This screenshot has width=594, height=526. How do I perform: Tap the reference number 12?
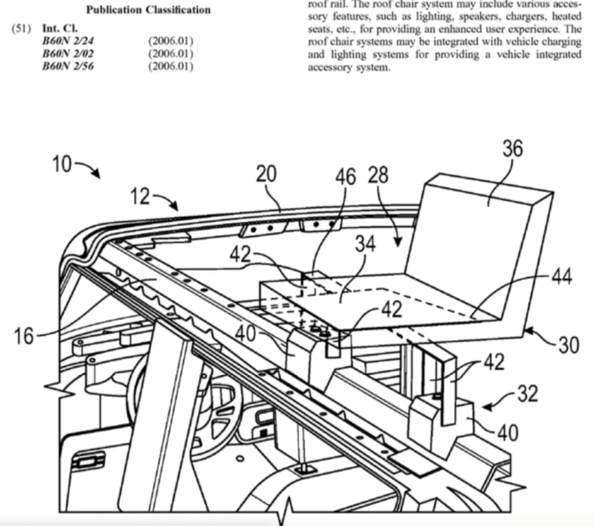[x=140, y=196]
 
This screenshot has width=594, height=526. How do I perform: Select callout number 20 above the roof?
[x=266, y=175]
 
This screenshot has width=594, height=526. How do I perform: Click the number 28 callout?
[x=378, y=175]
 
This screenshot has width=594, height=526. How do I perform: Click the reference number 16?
[x=22, y=336]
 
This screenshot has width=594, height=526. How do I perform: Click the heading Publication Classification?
[x=149, y=10]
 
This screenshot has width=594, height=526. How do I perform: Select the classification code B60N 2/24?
[x=67, y=42]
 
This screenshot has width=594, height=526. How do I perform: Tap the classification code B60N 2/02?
[x=67, y=54]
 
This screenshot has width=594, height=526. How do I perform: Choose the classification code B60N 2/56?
[x=67, y=67]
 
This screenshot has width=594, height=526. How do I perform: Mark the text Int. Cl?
[x=59, y=30]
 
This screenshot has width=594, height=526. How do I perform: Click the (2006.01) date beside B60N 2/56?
[x=171, y=67]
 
